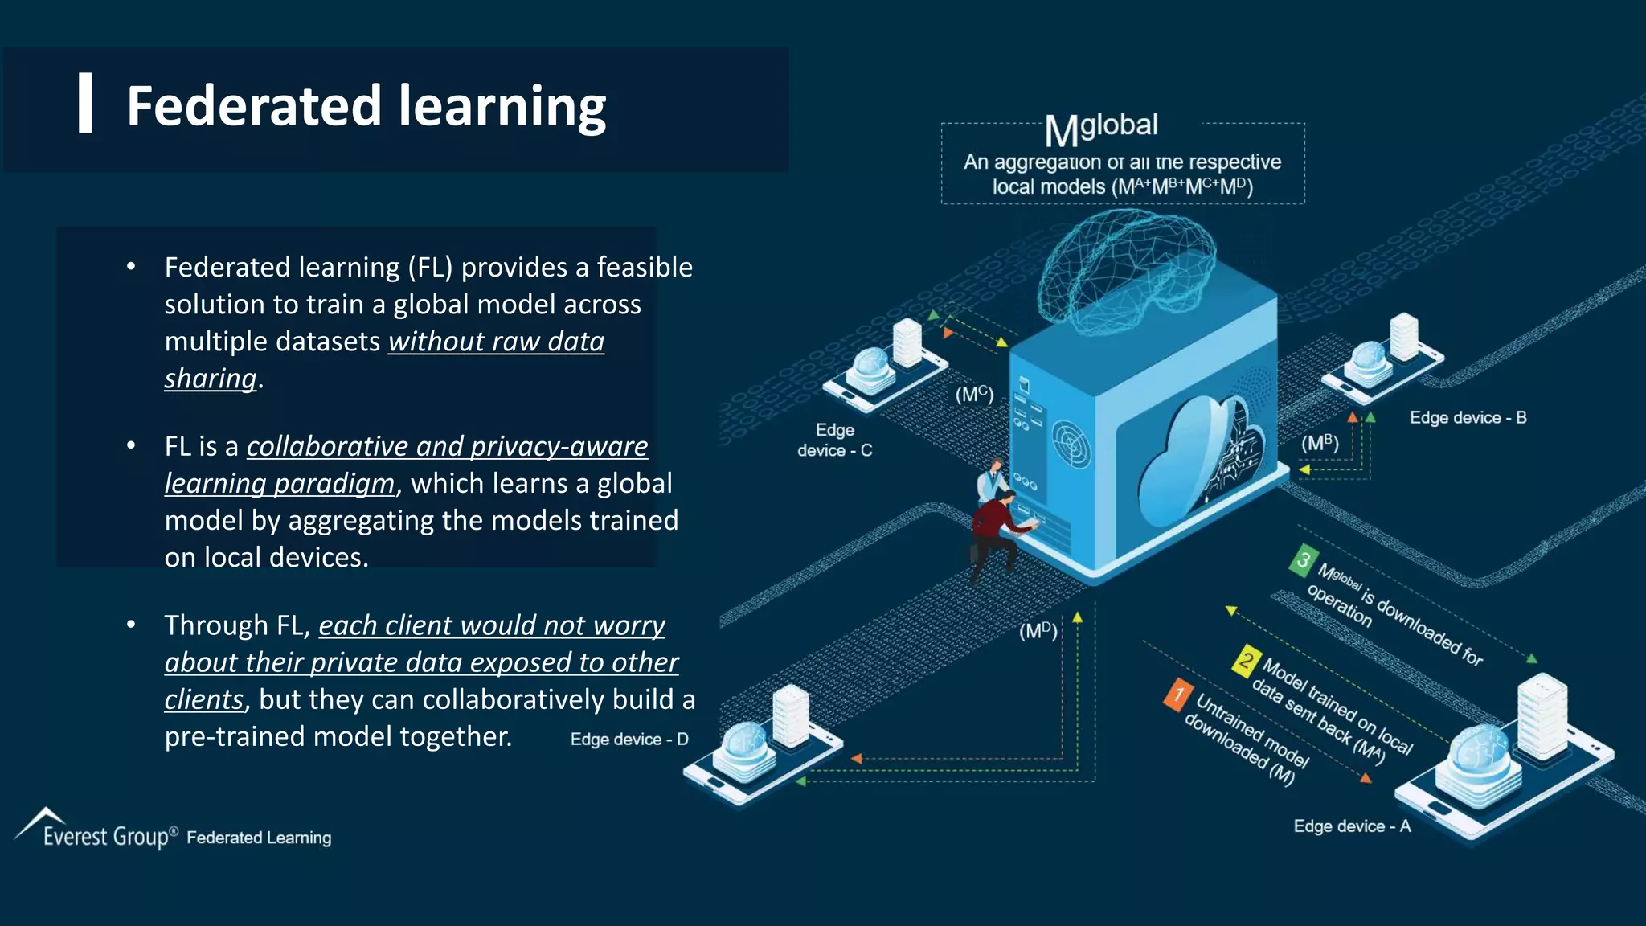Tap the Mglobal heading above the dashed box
click(x=1101, y=129)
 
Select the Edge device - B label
click(x=1468, y=418)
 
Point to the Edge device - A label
click(x=1352, y=826)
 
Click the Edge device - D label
click(x=629, y=740)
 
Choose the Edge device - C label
click(x=834, y=440)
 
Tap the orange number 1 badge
click(x=1177, y=694)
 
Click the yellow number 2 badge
click(x=1246, y=662)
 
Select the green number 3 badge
click(x=1304, y=560)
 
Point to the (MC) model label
click(x=974, y=395)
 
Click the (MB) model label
click(x=1320, y=444)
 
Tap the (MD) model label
click(x=1038, y=631)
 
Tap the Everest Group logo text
click(x=106, y=837)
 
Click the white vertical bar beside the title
click(x=85, y=103)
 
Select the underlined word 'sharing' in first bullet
click(x=211, y=379)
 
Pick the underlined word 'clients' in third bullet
click(x=203, y=700)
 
